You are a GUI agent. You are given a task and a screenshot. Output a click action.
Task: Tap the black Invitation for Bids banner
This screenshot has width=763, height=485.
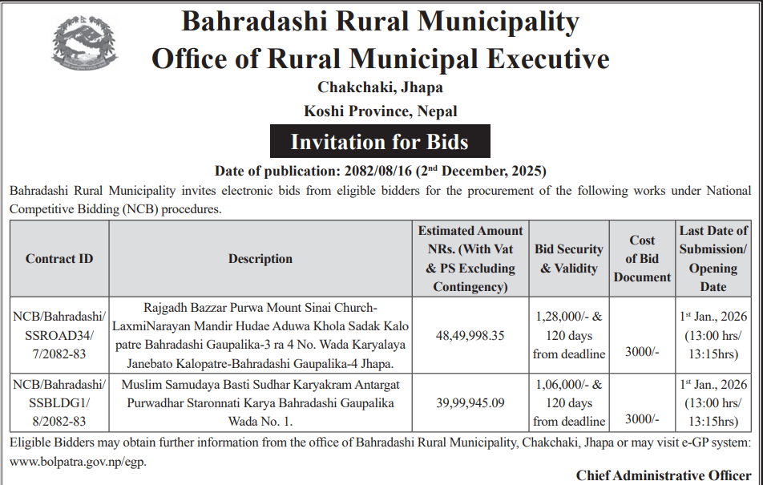[379, 142]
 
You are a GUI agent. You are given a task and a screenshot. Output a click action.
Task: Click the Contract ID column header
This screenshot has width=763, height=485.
[59, 258]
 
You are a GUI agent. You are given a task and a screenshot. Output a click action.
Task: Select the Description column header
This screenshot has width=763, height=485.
[260, 258]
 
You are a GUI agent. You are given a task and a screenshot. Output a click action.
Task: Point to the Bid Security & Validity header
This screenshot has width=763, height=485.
[568, 258]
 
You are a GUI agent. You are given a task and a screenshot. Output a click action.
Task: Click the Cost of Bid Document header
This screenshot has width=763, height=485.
[642, 258]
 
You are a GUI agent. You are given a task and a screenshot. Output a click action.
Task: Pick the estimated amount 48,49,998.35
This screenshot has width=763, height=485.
[470, 335]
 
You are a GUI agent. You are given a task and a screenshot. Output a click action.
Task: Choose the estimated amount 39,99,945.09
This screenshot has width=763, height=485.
[470, 402]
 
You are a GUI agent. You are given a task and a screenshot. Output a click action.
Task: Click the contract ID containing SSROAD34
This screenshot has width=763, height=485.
[59, 335]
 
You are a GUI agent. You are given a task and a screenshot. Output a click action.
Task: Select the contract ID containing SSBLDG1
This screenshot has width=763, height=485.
[59, 402]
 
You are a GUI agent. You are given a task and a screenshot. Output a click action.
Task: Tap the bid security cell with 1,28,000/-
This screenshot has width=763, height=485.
[568, 335]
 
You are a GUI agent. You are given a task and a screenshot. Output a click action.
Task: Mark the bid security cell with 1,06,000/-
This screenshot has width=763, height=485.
[568, 402]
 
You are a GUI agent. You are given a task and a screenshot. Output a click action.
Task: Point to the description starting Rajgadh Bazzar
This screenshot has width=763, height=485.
[260, 335]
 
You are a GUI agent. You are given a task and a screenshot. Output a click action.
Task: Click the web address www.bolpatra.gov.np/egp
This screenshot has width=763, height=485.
[79, 461]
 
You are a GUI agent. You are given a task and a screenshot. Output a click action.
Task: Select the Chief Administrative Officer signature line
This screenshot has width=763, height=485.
[664, 475]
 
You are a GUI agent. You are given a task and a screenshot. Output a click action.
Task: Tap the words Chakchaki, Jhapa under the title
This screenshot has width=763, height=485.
[380, 87]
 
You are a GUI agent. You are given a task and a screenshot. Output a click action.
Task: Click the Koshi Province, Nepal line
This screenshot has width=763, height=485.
[380, 111]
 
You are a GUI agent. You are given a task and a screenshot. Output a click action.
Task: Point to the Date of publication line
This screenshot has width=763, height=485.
[380, 171]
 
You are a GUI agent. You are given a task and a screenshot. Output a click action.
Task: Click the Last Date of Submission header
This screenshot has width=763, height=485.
[713, 258]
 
